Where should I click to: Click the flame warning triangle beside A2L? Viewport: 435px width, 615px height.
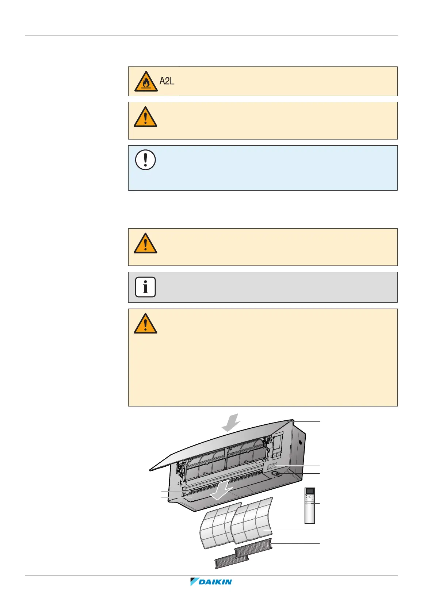point(146,81)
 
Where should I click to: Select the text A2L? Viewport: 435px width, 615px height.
point(167,81)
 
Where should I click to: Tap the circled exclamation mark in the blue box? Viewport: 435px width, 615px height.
point(145,160)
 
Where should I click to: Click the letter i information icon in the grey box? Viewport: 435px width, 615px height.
point(145,287)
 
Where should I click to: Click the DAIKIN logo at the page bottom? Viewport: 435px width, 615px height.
point(211,582)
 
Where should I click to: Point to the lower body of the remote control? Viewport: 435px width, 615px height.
point(309,515)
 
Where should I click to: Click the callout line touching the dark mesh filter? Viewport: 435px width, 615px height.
point(296,544)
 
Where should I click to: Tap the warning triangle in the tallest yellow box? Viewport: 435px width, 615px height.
point(145,324)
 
